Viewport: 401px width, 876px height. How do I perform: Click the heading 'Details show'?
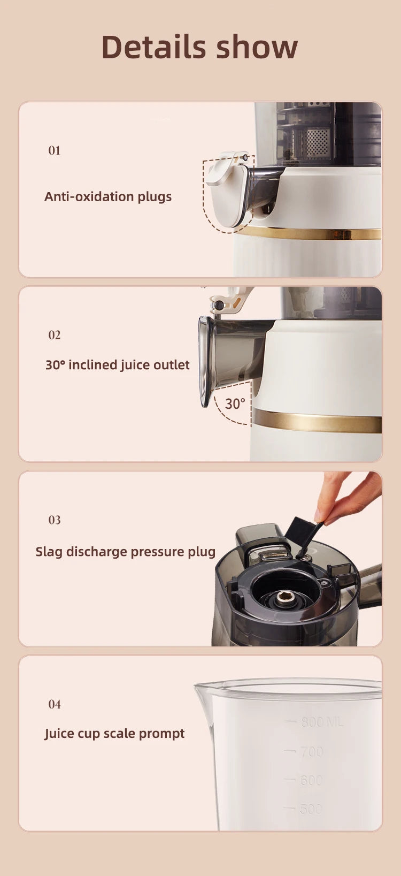(199, 47)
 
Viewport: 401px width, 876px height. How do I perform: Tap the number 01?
(54, 150)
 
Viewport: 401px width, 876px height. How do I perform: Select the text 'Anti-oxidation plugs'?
(108, 196)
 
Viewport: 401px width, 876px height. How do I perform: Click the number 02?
(54, 335)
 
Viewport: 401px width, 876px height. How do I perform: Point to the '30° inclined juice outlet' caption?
(117, 365)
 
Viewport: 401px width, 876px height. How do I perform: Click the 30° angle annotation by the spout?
(235, 403)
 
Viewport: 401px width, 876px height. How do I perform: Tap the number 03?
(54, 520)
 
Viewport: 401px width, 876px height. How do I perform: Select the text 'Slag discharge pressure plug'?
(126, 552)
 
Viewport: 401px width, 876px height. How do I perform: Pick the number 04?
(54, 704)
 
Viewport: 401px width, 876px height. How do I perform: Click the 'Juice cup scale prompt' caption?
(114, 733)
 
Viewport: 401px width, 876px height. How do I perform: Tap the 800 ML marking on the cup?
(321, 722)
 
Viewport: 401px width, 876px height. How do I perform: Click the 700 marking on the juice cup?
(311, 752)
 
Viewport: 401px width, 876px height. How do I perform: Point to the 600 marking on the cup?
(311, 780)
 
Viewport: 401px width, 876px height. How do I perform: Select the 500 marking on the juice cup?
(311, 809)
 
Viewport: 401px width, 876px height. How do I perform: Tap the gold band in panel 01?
(310, 233)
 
